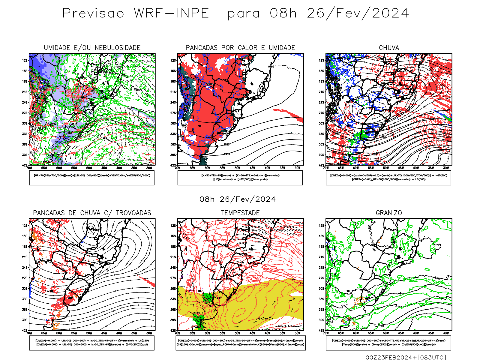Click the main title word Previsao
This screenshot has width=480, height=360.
93,13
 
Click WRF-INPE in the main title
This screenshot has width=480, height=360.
171,13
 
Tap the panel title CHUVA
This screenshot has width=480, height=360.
389,48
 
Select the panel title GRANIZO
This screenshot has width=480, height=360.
389,213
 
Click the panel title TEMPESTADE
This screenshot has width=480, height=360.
240,213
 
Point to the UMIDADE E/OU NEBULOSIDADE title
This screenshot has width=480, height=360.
92,48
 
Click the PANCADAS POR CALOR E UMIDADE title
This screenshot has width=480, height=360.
240,48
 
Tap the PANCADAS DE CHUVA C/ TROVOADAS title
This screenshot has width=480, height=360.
92,213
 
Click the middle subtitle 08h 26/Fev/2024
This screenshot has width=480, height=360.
238,199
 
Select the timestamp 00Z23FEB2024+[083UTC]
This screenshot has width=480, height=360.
406,357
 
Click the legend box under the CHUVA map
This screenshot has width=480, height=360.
388,178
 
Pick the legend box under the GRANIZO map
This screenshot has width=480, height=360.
388,343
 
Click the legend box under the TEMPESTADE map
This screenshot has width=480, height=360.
240,343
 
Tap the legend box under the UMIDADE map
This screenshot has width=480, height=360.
92,178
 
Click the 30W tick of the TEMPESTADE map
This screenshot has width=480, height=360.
298,333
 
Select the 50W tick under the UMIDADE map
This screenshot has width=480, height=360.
89,168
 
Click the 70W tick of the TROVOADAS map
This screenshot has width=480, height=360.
29,333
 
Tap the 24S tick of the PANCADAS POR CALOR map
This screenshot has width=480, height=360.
173,102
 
